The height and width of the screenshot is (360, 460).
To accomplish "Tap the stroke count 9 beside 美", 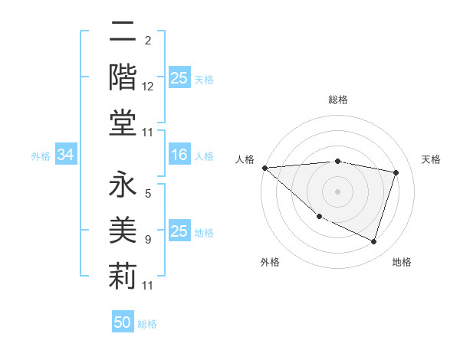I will coord(148,240).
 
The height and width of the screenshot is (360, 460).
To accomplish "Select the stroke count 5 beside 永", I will coord(148,195).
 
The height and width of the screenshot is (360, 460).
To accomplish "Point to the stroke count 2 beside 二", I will coord(148,40).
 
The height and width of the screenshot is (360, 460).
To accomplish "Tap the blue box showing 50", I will coord(123,322).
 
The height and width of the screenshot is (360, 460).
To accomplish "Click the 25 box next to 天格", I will coord(179,78).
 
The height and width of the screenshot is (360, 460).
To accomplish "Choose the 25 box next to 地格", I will coord(179,231).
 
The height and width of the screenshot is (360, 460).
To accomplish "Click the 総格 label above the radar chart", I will coord(338,100).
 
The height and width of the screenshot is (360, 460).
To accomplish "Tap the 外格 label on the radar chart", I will coord(270,262).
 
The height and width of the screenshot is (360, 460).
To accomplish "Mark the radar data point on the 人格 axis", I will coord(264,168).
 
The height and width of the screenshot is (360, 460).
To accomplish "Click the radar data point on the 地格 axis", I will coord(373,242).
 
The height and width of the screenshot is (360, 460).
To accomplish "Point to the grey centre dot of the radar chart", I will coord(338,191).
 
